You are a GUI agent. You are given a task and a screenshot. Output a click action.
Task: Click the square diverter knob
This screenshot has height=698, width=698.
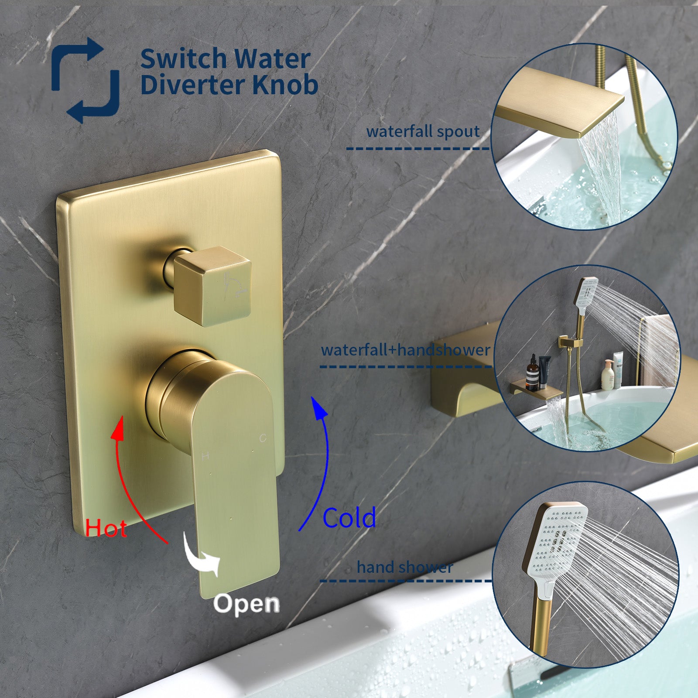pos(212,286)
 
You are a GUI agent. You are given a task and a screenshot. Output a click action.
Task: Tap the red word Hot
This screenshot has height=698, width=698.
pos(106,528)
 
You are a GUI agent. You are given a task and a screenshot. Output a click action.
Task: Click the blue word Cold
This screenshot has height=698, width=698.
pos(349,518)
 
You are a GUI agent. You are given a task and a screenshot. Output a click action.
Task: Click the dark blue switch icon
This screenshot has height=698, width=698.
pos(85,80)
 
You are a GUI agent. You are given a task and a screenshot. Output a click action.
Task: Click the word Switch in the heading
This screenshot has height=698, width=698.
pos(183,58)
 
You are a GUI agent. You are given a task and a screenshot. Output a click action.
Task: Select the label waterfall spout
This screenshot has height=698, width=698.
pos(423,131)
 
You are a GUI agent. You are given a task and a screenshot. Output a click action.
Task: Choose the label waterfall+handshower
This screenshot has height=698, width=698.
pos(405,350)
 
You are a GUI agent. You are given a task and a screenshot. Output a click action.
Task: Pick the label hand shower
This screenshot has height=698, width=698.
pos(405,567)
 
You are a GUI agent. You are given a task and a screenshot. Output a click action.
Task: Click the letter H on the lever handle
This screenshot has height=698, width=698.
pos(205,456)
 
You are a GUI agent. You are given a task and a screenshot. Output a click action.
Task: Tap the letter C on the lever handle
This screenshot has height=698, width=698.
pos(263,438)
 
